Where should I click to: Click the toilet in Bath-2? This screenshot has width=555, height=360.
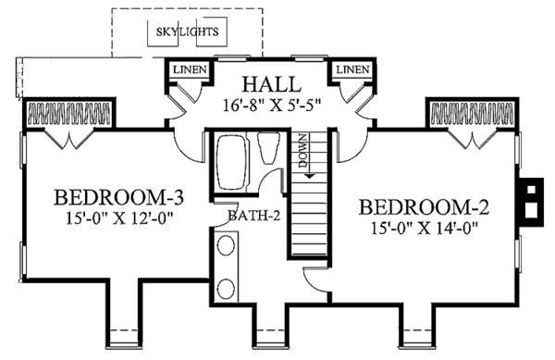269,148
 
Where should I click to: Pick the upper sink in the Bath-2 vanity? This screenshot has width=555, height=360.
226,248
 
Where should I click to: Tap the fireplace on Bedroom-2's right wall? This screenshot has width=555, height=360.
530,202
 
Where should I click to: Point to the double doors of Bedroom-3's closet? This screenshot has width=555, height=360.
71,138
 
